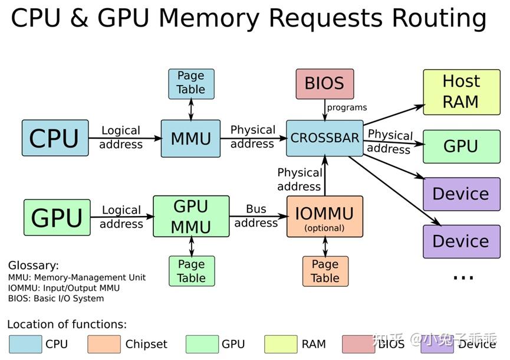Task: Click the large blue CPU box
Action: pos(55,138)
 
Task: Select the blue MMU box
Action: pos(190,139)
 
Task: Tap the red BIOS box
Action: pos(324,83)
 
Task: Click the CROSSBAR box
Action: pos(324,138)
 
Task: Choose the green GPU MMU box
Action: pos(191,216)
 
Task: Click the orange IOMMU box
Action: pos(324,217)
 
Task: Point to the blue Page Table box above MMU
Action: pos(191,83)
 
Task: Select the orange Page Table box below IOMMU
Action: pos(325,271)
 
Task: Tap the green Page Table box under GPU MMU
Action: pos(192,271)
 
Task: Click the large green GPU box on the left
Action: pos(57,217)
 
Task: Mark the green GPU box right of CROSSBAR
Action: pos(461,146)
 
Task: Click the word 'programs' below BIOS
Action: pos(347,107)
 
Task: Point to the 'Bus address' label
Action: pos(256,216)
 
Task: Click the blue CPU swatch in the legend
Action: pos(25,344)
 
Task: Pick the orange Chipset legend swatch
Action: pos(104,344)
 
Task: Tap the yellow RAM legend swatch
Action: pos(281,344)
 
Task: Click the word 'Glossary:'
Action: pos(33,266)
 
